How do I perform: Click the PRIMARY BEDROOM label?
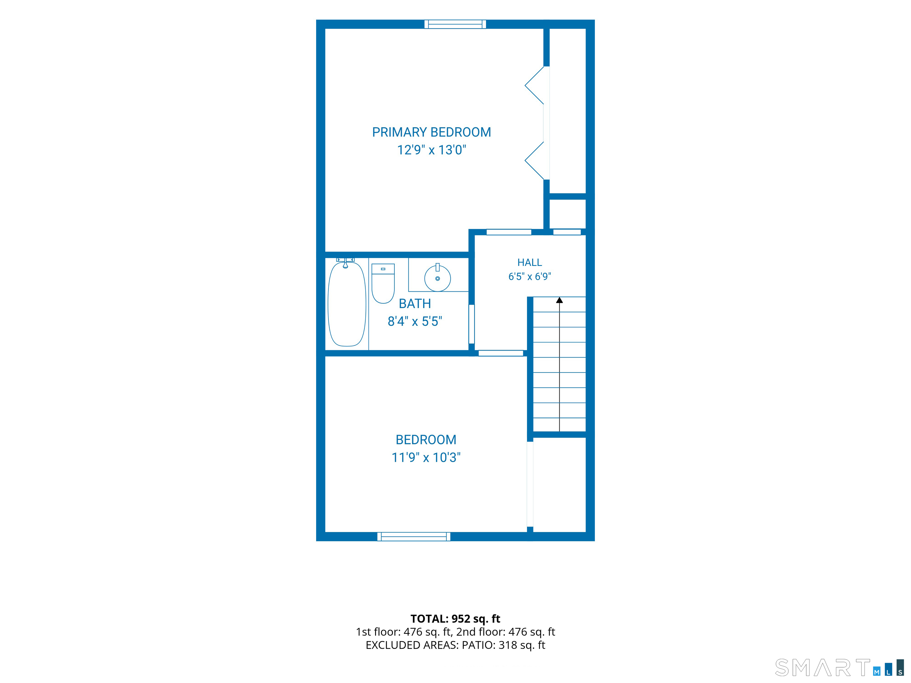coord(431,132)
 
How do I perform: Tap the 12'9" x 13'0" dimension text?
coord(431,150)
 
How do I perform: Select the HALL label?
coord(530,262)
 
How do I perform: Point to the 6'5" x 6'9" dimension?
coord(530,276)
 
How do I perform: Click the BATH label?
coord(415,304)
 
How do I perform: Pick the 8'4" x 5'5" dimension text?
coord(415,321)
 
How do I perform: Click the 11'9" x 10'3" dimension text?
coord(426,457)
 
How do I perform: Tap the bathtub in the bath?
coord(347,304)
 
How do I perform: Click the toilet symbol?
coord(383,283)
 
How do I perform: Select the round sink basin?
coord(437,278)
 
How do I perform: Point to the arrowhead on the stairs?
coord(559,300)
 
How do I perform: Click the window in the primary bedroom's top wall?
coord(455,24)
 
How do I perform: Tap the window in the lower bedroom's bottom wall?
coord(413,537)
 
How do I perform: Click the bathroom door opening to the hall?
coord(472,324)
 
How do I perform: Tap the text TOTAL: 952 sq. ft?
coord(455,619)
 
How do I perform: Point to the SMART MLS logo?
coord(839,667)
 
